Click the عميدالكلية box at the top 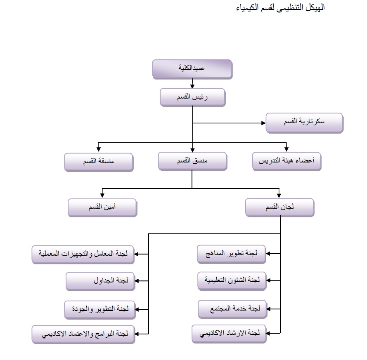click(x=192, y=69)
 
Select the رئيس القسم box click(x=193, y=97)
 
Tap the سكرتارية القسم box click(x=304, y=123)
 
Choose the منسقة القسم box click(x=99, y=162)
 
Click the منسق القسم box click(x=192, y=161)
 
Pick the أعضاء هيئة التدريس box click(x=287, y=161)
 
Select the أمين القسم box click(x=102, y=207)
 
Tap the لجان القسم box click(x=280, y=207)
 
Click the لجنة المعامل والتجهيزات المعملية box click(x=83, y=254)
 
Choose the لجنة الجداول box click(x=100, y=281)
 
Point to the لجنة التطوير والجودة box click(x=100, y=310)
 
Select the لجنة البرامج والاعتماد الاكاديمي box click(x=83, y=334)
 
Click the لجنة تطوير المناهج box click(x=232, y=254)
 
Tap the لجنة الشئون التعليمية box click(x=232, y=281)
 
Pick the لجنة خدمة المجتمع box click(x=232, y=309)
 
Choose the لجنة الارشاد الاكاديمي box click(x=229, y=334)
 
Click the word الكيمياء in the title click(x=247, y=7)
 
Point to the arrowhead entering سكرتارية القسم click(x=263, y=123)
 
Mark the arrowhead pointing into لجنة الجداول click(x=137, y=281)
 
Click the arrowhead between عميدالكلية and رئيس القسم click(x=192, y=86)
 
